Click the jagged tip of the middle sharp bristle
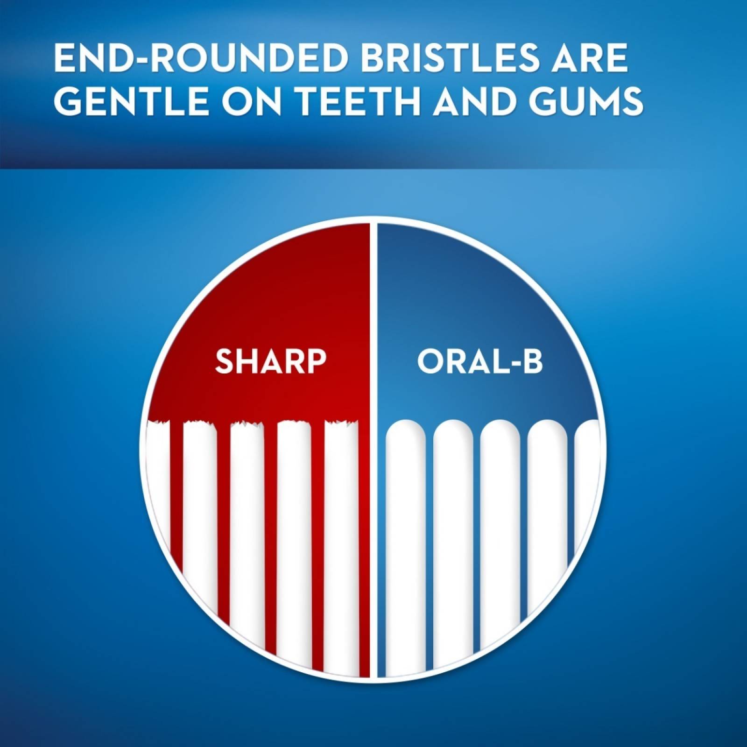point(247,425)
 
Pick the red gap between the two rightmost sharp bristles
point(318,514)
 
